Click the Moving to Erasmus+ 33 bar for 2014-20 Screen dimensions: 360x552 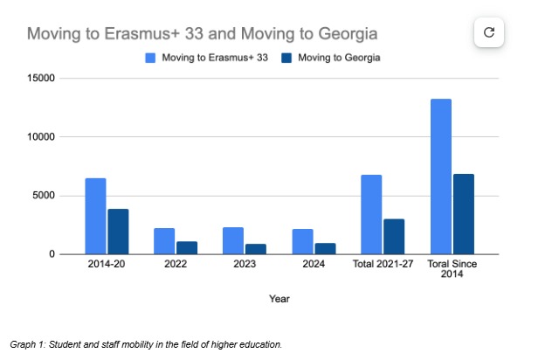click(95, 216)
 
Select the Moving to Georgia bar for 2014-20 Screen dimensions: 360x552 click(118, 232)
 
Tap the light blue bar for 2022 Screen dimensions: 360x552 click(164, 241)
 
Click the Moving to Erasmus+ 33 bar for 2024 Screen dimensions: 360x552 click(302, 241)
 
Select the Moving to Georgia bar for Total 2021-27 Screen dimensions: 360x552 click(394, 236)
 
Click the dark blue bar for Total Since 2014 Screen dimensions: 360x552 click(463, 214)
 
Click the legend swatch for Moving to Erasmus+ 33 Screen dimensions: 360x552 click(150, 59)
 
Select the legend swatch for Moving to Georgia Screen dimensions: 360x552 click(286, 59)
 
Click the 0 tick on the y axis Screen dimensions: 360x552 click(52, 254)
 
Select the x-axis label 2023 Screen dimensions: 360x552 click(245, 264)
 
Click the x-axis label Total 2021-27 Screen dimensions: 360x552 click(383, 264)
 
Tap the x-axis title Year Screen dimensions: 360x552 click(279, 299)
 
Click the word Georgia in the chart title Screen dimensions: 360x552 click(347, 34)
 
